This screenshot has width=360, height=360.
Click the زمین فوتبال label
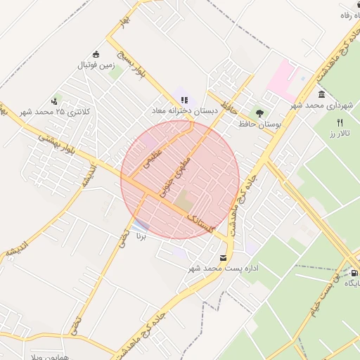[x=96, y=65]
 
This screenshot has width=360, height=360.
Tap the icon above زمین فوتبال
[x=96, y=55]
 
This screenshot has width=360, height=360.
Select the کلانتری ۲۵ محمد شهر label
[x=46, y=112]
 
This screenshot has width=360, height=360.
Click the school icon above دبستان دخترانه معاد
[x=184, y=101]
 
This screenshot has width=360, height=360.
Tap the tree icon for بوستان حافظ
[x=259, y=112]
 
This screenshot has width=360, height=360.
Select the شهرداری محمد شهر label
[x=321, y=105]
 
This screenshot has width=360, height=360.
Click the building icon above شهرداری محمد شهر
[x=321, y=94]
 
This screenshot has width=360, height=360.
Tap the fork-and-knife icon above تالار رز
[x=340, y=122]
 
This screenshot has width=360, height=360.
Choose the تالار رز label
[x=340, y=132]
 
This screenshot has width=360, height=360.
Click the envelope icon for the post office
[x=224, y=258]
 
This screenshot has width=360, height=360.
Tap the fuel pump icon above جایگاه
[x=354, y=273]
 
